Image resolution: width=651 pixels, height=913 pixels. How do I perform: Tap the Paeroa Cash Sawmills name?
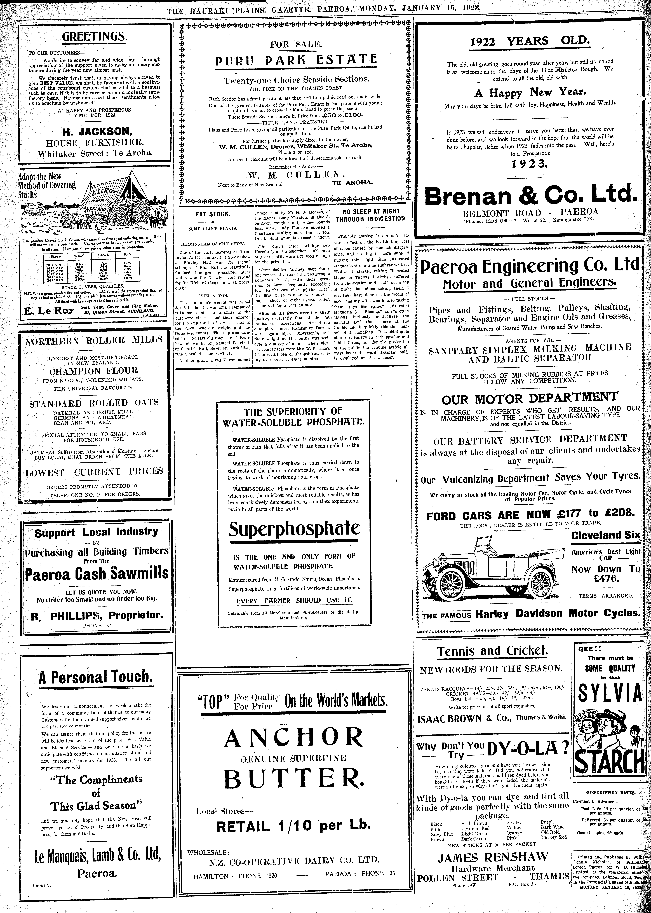pyautogui.click(x=97, y=574)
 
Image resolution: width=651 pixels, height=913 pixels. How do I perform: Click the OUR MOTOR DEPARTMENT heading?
pyautogui.click(x=529, y=399)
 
